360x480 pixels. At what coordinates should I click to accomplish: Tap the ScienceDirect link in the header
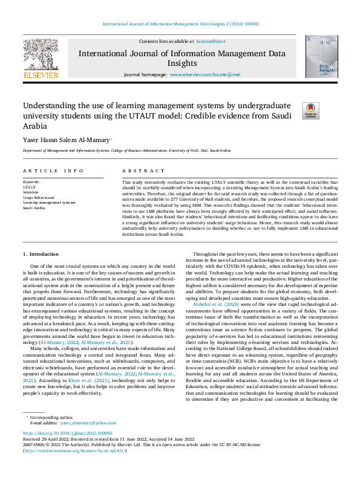click(211, 41)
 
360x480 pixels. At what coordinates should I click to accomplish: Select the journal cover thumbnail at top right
click(321, 57)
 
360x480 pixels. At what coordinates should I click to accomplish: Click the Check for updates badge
click(310, 111)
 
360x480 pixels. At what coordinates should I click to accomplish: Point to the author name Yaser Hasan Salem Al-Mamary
click(66, 140)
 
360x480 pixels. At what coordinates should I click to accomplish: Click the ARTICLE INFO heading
click(53, 171)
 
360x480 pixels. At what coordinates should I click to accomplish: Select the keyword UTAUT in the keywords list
click(30, 187)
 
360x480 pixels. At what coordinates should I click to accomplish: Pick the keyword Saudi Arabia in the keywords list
click(34, 207)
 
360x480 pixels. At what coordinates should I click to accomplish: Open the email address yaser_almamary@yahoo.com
click(83, 423)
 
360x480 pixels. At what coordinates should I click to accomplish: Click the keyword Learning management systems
click(49, 203)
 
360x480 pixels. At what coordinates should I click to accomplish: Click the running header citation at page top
click(180, 24)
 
